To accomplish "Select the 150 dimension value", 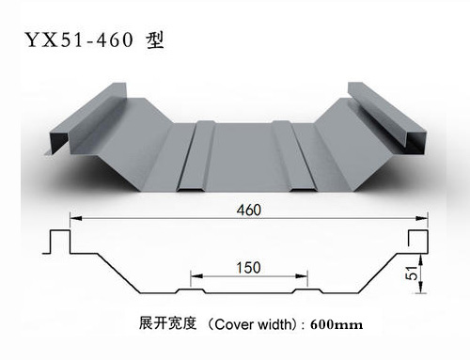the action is tap(248, 266).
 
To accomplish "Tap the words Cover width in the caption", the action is tap(247, 324).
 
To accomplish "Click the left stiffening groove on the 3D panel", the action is tap(190, 155).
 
